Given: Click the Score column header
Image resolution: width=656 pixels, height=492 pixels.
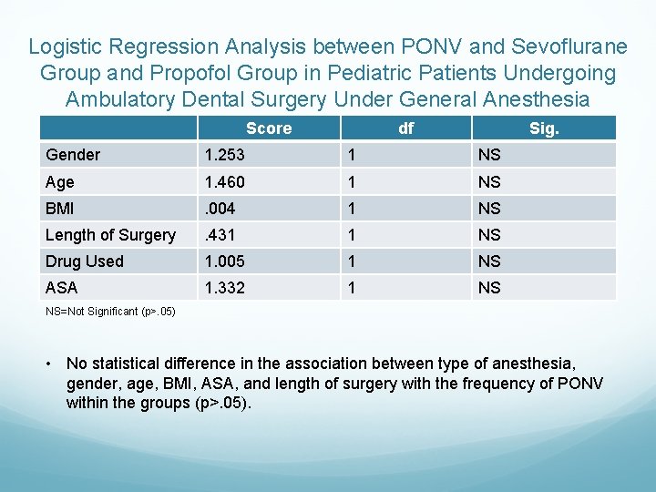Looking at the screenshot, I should [269, 128].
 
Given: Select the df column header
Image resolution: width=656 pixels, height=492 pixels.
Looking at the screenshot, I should [405, 128].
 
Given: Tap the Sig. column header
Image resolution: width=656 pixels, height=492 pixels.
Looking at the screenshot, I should [544, 128].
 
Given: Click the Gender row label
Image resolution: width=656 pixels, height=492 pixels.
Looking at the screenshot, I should [73, 155].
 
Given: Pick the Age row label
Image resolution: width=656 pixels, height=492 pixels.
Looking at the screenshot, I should [60, 182].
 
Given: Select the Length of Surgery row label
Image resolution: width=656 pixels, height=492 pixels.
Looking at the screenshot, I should [110, 235].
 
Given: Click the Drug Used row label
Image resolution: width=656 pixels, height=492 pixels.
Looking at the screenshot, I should [85, 261].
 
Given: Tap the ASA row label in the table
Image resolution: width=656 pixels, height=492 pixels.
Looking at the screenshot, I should [62, 288].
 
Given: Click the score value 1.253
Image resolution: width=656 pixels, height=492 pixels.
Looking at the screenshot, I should [226, 155].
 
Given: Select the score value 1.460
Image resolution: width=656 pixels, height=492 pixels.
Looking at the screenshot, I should [226, 182].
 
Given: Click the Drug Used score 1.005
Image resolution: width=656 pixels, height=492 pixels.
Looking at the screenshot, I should [226, 261].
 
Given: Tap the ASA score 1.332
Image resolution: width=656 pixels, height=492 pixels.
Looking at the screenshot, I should [226, 288].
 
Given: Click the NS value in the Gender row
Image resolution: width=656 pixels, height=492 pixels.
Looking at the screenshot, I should [489, 155].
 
